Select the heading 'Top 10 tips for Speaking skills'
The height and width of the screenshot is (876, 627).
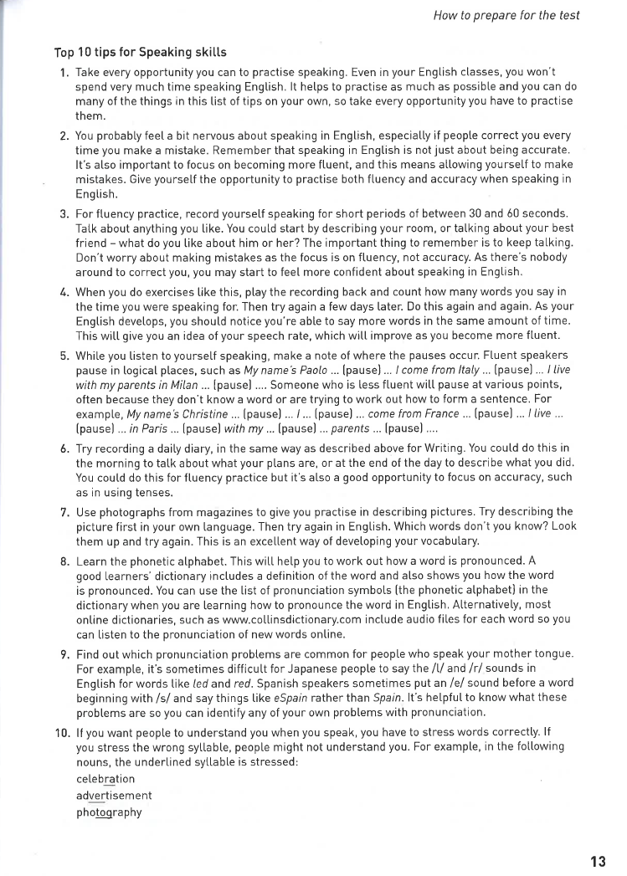pyautogui.click(x=141, y=53)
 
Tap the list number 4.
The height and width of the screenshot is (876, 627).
pyautogui.click(x=64, y=291)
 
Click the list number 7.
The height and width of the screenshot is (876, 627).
pyautogui.click(x=64, y=511)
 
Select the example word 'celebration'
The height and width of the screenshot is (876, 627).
pyautogui.click(x=105, y=778)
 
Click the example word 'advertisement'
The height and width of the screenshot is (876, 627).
pyautogui.click(x=114, y=795)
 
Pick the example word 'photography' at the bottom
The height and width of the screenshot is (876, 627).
pyautogui.click(x=109, y=812)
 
